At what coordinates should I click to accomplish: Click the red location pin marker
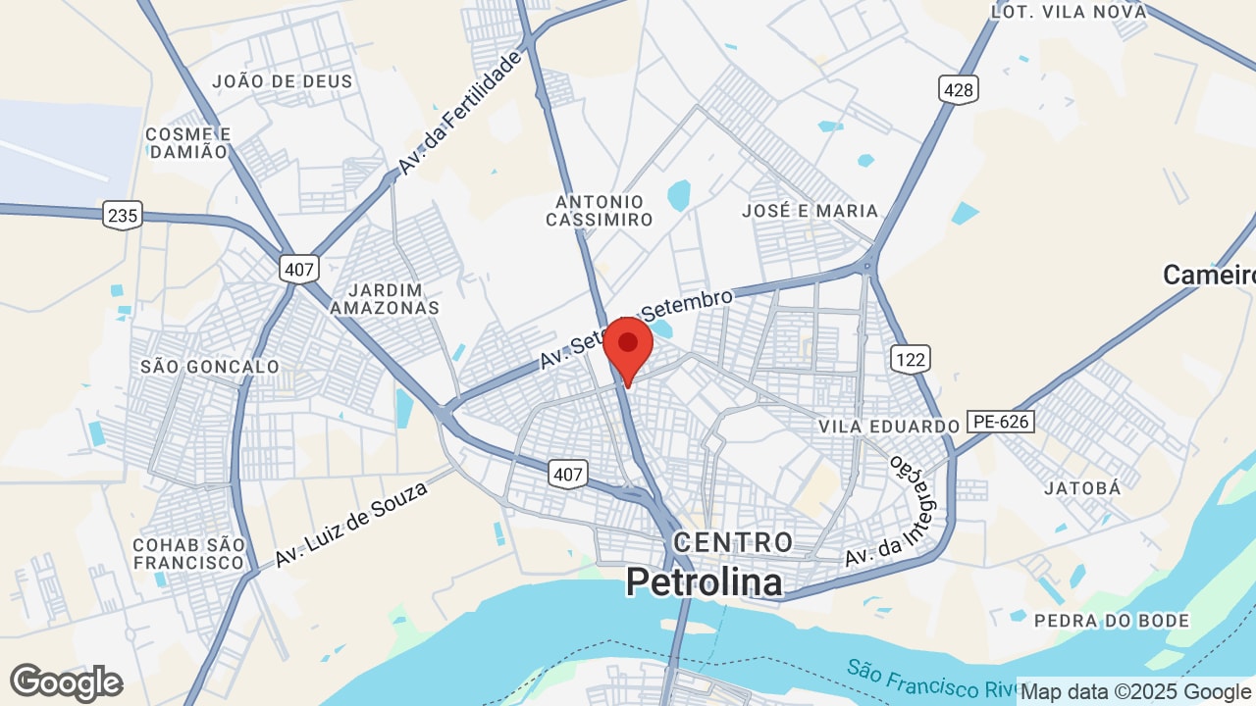pyautogui.click(x=628, y=346)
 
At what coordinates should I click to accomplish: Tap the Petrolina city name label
pyautogui.click(x=705, y=582)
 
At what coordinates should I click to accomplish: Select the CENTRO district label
pyautogui.click(x=733, y=541)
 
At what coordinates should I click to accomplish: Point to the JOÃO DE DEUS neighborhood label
pyautogui.click(x=282, y=81)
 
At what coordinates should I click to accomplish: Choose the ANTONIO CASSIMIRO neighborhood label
pyautogui.click(x=599, y=211)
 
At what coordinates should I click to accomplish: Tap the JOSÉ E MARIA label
pyautogui.click(x=810, y=211)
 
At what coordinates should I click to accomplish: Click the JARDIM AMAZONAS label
pyautogui.click(x=385, y=299)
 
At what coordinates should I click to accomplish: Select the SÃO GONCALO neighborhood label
pyautogui.click(x=210, y=367)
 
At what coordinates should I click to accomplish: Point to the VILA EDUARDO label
pyautogui.click(x=889, y=427)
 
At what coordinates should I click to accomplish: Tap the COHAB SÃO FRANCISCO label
pyautogui.click(x=188, y=554)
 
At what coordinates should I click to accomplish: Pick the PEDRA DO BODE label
pyautogui.click(x=1112, y=621)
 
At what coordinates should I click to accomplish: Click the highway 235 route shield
pyautogui.click(x=123, y=215)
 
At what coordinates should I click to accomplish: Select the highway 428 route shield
pyautogui.click(x=957, y=90)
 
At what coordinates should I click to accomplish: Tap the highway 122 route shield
pyautogui.click(x=911, y=359)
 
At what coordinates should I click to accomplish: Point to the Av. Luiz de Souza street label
pyautogui.click(x=351, y=524)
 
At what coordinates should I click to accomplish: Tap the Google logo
pyautogui.click(x=67, y=682)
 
